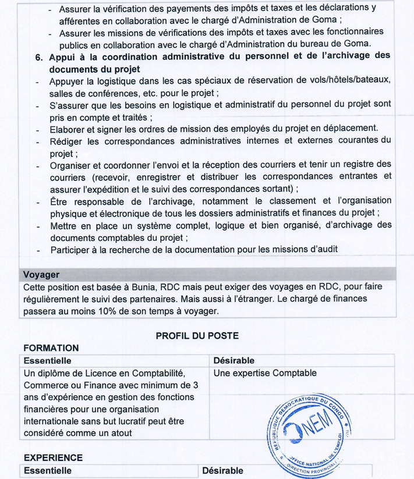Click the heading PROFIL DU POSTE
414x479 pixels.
click(x=197, y=335)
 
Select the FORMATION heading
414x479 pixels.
click(x=51, y=348)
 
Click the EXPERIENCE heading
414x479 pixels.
click(x=52, y=458)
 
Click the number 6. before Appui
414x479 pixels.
click(x=40, y=57)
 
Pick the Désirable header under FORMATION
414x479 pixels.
click(x=234, y=361)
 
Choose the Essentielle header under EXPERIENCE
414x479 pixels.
click(x=47, y=470)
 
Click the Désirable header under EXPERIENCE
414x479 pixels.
click(x=222, y=470)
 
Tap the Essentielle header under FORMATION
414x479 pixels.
click(x=47, y=361)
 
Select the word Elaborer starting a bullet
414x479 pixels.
click(x=70, y=128)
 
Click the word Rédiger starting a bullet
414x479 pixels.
click(x=68, y=141)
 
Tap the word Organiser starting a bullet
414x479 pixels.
click(x=72, y=165)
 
